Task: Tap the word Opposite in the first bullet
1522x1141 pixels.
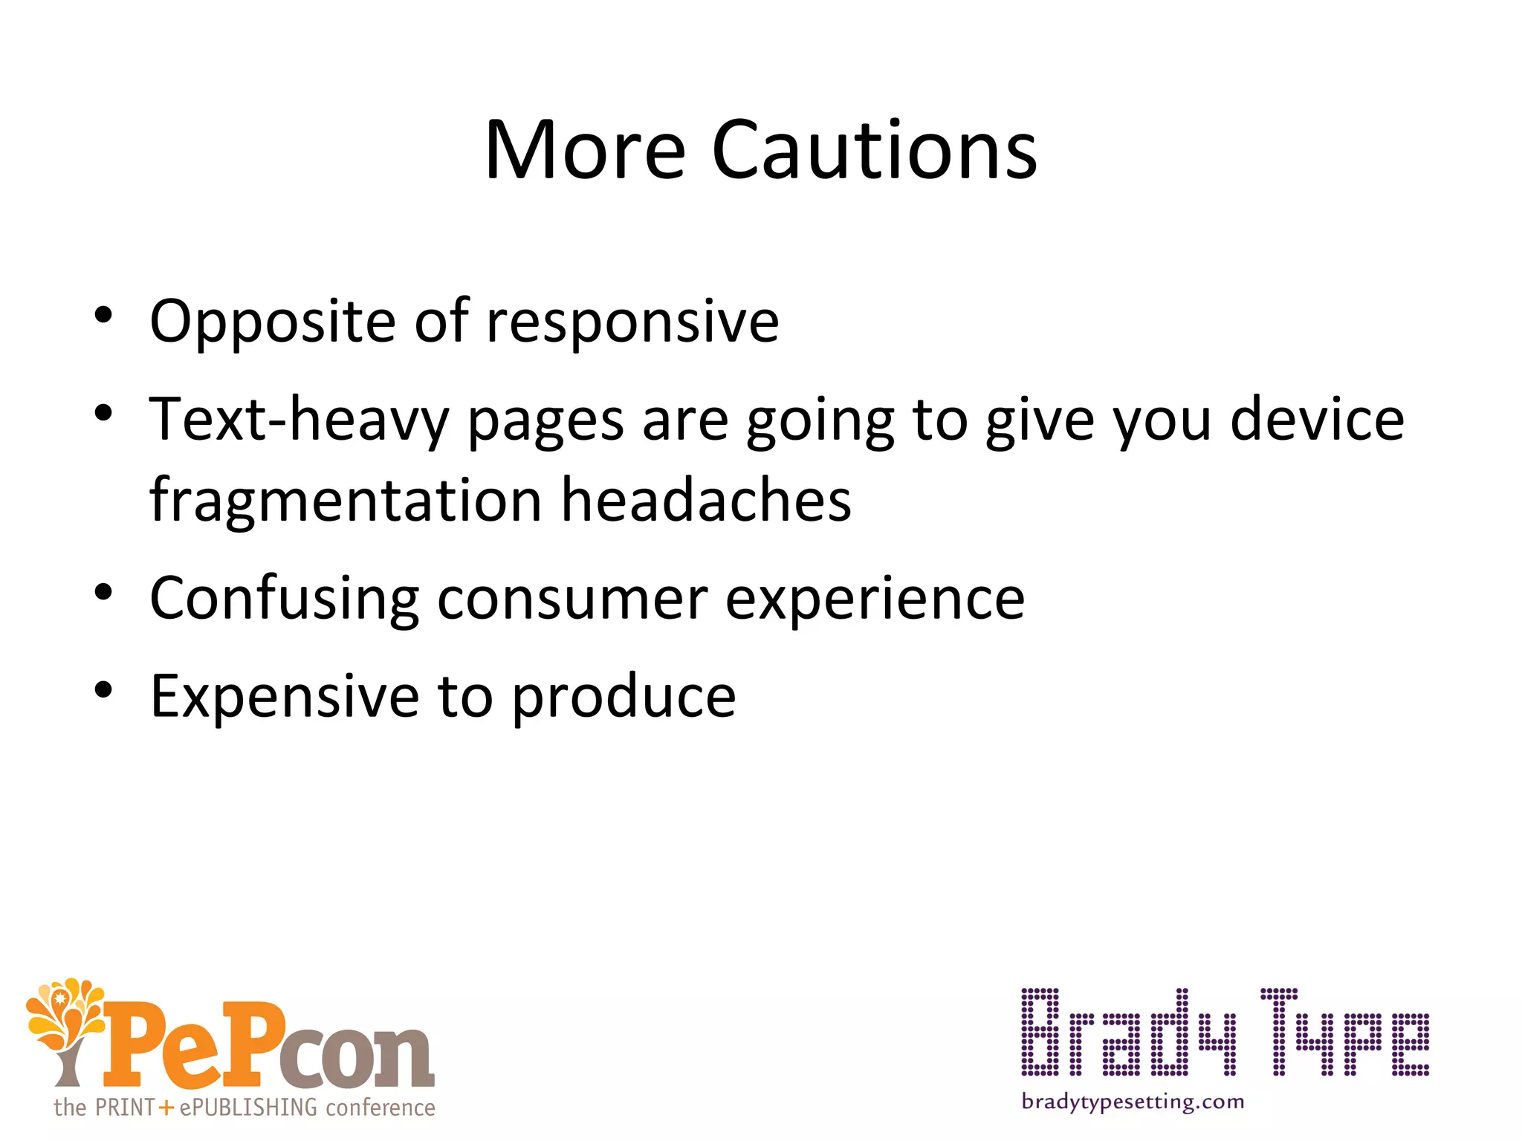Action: tap(272, 322)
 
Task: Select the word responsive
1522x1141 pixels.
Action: tap(632, 322)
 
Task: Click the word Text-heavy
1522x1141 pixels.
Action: tap(299, 421)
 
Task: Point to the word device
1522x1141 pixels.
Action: tap(1317, 420)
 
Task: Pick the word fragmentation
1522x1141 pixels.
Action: tap(346, 500)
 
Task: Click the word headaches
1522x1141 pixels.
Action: tap(706, 500)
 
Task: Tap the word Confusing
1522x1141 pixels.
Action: tap(285, 599)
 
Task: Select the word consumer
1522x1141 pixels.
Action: tap(572, 599)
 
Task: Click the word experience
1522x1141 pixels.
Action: tap(875, 599)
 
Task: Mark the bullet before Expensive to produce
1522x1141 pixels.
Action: tap(103, 689)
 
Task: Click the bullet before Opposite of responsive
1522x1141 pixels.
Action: tap(103, 315)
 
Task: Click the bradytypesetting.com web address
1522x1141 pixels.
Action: tap(1133, 1102)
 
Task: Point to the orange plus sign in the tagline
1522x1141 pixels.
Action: tap(166, 1108)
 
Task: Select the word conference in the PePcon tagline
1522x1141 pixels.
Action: tap(380, 1108)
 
